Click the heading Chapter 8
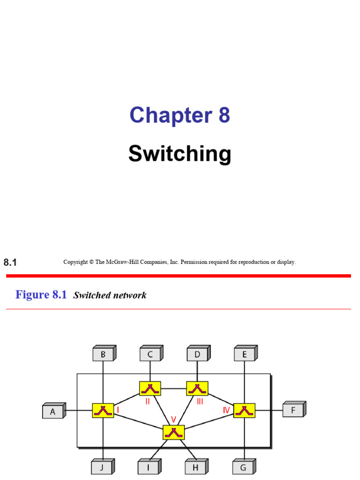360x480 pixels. click(x=180, y=115)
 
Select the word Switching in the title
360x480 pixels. click(x=180, y=154)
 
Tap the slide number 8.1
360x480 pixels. click(x=10, y=262)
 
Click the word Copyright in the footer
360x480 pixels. click(x=75, y=262)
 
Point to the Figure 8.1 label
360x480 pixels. click(x=41, y=295)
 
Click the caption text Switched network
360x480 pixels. click(x=110, y=295)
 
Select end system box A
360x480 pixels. click(x=53, y=412)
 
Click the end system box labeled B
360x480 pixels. click(x=103, y=355)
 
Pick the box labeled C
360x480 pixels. click(x=150, y=355)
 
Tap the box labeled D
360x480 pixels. click(x=197, y=355)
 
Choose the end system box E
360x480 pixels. click(x=244, y=355)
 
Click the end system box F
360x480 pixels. click(x=293, y=410)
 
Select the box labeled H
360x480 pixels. click(x=195, y=467)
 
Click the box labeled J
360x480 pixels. click(x=102, y=467)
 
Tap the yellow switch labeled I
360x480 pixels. click(x=103, y=410)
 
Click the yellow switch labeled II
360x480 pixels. click(x=150, y=388)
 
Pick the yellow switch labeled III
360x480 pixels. click(x=197, y=388)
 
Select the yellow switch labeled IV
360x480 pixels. click(x=244, y=410)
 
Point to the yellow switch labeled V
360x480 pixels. click(x=174, y=432)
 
